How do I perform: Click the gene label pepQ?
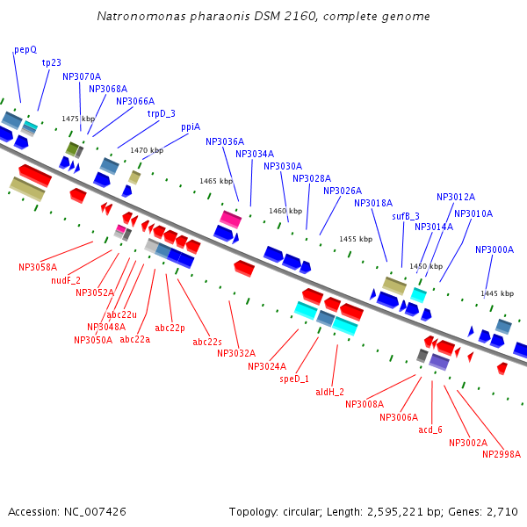point(25,50)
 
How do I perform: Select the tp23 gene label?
point(51,62)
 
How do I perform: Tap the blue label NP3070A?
point(82,76)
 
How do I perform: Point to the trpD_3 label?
point(161,113)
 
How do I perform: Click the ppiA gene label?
point(191,127)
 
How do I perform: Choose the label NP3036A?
point(225,141)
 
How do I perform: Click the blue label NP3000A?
point(495,249)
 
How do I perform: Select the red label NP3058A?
point(38,267)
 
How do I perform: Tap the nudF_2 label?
point(66,280)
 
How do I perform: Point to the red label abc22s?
point(207,342)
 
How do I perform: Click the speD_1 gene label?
point(295,379)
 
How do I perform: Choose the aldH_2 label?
point(330,392)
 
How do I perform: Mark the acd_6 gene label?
point(430,430)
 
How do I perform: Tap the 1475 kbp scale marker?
point(77,119)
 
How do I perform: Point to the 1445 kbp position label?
point(497,293)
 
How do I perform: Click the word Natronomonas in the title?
point(139,16)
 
